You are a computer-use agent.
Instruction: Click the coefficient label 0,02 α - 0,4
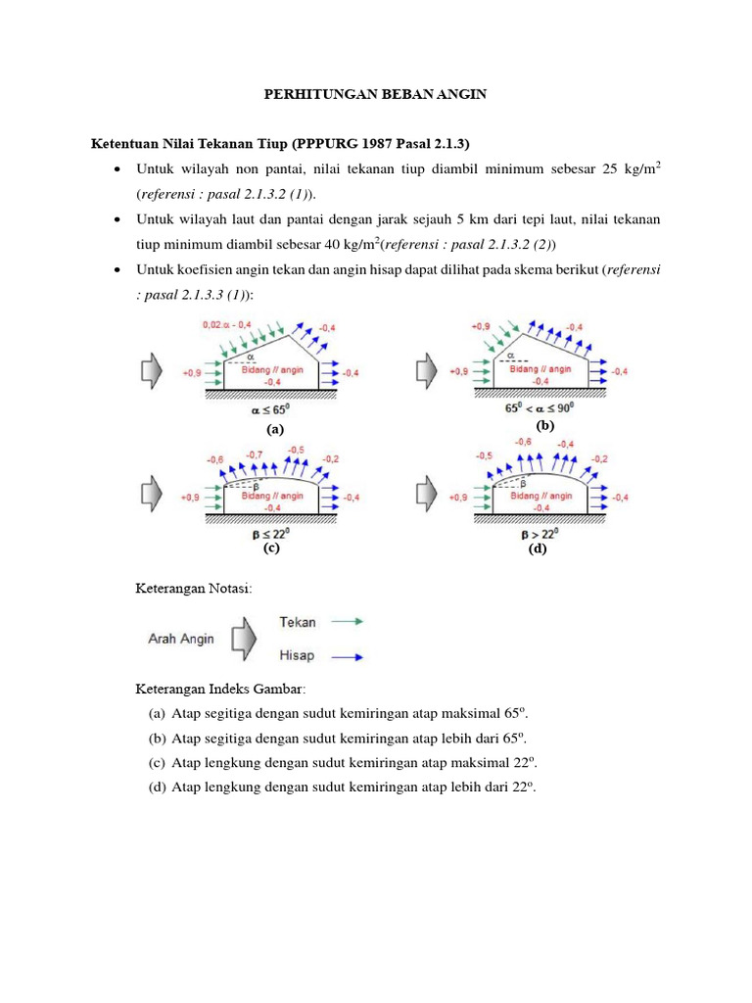point(226,324)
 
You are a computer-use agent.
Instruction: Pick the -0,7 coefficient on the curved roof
point(254,454)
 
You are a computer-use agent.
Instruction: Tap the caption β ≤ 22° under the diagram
point(272,534)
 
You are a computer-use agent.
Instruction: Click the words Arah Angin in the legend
point(181,638)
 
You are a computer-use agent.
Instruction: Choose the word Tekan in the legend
point(298,622)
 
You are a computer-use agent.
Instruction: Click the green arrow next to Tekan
point(348,621)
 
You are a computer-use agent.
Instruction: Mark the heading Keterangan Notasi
point(193,589)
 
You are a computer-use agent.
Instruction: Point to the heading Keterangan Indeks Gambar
point(220,689)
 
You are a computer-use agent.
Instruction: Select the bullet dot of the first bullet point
point(117,170)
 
